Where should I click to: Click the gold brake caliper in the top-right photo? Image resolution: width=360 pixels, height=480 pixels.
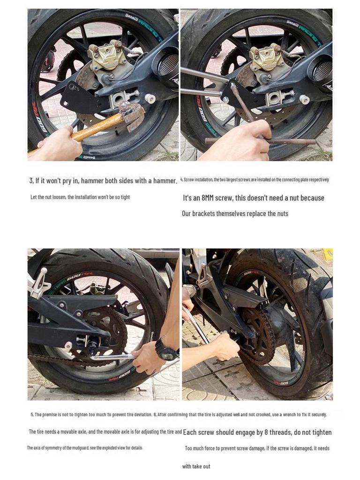(266, 58)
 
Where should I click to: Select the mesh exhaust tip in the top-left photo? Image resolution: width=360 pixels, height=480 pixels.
(168, 65)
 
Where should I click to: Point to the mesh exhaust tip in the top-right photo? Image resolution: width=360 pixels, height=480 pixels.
(322, 71)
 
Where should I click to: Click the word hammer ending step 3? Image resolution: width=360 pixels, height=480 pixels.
(165, 180)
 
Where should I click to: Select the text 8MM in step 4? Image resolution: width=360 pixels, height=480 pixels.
(207, 198)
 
